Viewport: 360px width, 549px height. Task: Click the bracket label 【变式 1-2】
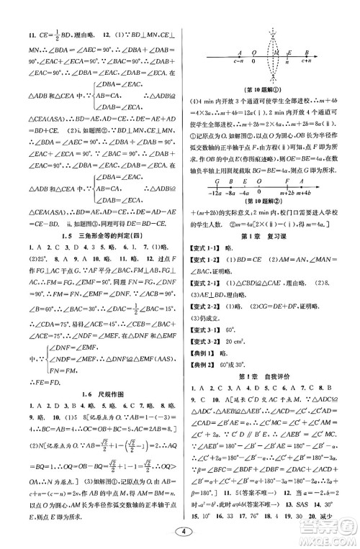tap(205, 269)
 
